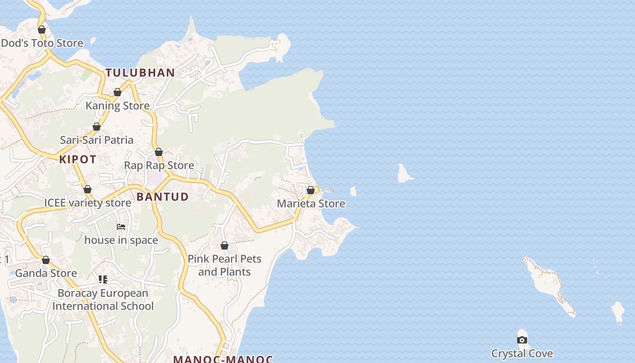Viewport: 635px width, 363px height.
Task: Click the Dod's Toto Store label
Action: [x=42, y=43]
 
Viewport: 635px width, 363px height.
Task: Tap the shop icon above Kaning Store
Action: [x=117, y=92]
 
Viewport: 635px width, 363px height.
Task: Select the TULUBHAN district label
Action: [x=140, y=73]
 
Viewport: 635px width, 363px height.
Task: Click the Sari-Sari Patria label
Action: [x=97, y=140]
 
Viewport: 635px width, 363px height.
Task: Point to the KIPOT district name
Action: [x=78, y=159]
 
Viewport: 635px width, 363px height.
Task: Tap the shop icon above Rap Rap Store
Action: [x=159, y=152]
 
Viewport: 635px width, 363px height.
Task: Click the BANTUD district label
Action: [x=162, y=196]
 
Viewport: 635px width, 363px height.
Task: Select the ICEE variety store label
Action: [x=88, y=202]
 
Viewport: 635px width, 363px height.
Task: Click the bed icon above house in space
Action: [x=121, y=226]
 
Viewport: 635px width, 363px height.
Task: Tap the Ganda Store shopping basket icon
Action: [x=46, y=260]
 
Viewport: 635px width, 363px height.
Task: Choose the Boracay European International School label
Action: [x=103, y=299]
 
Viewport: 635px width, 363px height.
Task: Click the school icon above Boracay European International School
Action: [x=103, y=280]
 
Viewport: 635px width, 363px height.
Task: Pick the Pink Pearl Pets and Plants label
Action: [x=225, y=265]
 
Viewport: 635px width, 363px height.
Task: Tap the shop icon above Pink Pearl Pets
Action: [x=225, y=245]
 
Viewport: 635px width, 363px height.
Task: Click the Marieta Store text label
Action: [x=311, y=204]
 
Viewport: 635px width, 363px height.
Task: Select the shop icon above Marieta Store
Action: [x=311, y=190]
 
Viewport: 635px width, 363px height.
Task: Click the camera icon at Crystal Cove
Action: [x=522, y=340]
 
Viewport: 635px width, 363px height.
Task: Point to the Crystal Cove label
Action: [x=522, y=353]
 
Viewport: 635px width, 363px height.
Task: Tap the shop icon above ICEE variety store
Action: [x=88, y=189]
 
